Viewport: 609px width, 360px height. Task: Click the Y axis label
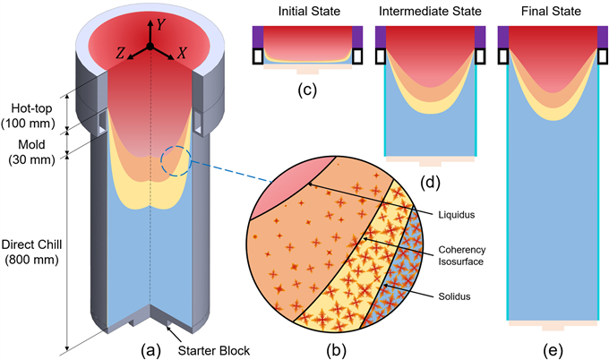tap(161, 25)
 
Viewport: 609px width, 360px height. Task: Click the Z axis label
tap(120, 53)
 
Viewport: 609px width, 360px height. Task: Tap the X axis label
tap(182, 53)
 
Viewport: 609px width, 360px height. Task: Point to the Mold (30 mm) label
tap(32, 152)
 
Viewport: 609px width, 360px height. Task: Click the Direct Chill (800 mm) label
tap(31, 252)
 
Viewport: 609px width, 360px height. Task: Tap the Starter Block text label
tap(214, 351)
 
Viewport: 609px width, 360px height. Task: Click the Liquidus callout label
tap(457, 215)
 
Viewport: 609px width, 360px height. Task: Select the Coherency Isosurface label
tap(462, 255)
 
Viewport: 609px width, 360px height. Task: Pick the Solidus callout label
tap(454, 296)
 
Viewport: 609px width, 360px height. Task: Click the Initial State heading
tap(309, 11)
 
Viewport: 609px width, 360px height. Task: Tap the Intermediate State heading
tap(430, 11)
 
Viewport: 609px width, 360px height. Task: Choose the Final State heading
tap(551, 11)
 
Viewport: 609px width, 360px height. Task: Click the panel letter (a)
tap(150, 351)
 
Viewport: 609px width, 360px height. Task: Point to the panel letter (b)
tap(337, 351)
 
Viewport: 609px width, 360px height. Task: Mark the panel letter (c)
tap(307, 90)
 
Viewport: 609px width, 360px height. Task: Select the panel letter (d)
tap(431, 183)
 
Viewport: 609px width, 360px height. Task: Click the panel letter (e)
tap(553, 351)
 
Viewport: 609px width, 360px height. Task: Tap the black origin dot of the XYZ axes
tap(150, 47)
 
